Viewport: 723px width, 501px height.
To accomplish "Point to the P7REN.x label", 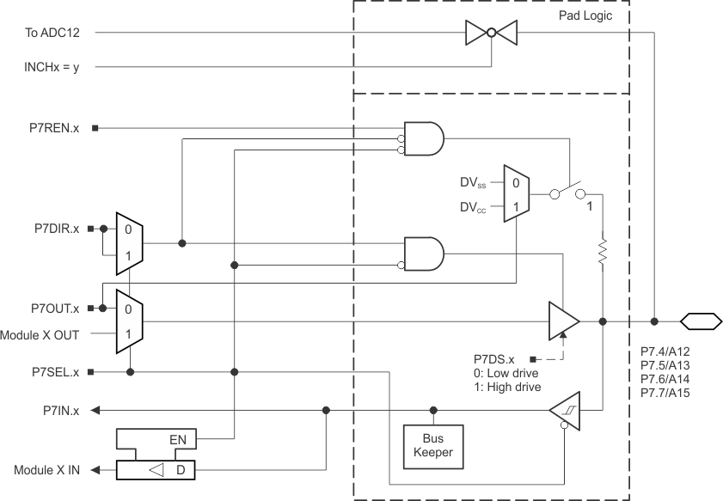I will [x=53, y=128].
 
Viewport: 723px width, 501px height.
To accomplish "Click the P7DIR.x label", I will [x=53, y=229].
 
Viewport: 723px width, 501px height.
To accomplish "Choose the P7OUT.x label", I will [x=53, y=308].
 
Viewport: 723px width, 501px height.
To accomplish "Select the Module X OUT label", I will [x=42, y=334].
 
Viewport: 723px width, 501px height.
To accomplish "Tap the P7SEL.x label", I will [x=53, y=372].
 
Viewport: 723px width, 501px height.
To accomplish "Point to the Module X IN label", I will [x=46, y=470].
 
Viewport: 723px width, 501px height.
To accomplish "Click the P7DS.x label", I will [x=493, y=358].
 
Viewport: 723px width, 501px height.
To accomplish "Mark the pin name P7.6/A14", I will [x=665, y=378].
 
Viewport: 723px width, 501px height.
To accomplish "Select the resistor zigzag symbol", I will [x=603, y=252].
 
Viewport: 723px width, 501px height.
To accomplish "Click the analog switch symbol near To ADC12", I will [x=492, y=33].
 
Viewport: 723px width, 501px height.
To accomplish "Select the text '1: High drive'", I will [x=507, y=387].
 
